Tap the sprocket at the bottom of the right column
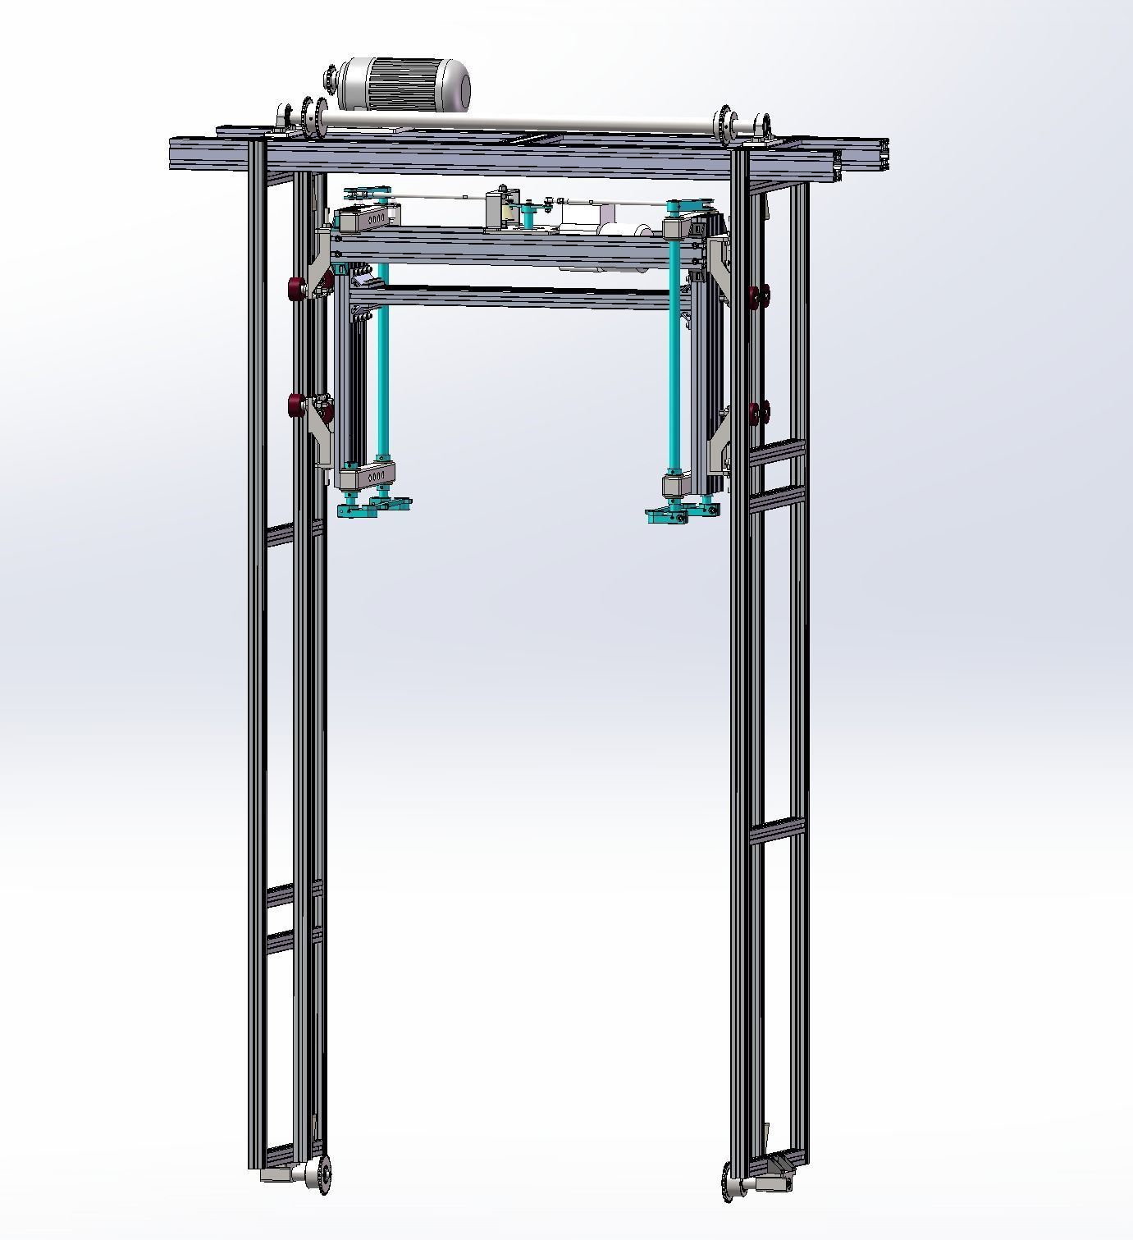(x=728, y=1179)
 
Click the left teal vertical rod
(x=382, y=361)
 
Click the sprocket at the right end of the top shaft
(x=724, y=122)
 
